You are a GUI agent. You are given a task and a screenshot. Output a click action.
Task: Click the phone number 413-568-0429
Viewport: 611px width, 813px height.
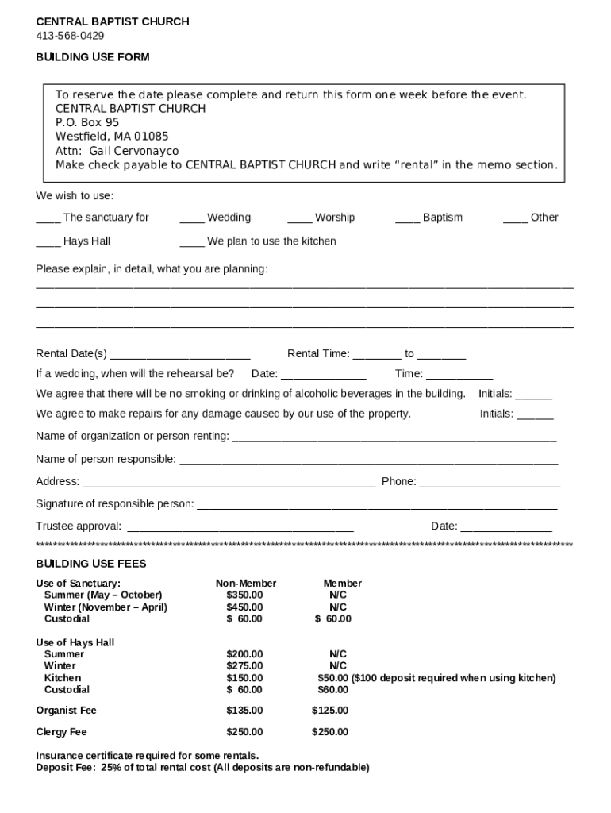tap(70, 36)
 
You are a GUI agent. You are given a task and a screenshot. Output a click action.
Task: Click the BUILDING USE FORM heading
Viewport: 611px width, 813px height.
tap(93, 57)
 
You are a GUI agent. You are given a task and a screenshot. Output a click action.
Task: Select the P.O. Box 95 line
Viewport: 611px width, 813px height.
tap(87, 122)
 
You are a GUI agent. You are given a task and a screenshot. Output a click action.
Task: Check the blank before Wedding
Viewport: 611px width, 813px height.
tap(191, 218)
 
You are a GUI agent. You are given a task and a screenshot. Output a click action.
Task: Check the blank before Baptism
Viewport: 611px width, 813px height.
tap(407, 218)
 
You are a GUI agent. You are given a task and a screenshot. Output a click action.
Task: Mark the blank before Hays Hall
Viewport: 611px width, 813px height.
tap(48, 242)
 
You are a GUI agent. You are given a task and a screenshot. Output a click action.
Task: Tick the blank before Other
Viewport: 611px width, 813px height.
tap(515, 218)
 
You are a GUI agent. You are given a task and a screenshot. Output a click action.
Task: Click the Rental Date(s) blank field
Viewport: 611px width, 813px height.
tap(180, 355)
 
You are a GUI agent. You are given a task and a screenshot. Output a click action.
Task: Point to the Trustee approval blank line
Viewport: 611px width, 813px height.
tap(240, 527)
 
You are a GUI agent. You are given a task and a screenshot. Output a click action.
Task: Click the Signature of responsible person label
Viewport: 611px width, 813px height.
tap(115, 504)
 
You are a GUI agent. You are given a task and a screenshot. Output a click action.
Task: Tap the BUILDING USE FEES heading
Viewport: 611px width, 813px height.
tap(91, 564)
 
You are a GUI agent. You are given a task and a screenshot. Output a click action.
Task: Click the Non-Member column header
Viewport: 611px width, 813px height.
tap(246, 584)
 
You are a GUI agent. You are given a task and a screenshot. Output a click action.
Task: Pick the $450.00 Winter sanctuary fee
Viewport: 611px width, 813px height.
tap(244, 607)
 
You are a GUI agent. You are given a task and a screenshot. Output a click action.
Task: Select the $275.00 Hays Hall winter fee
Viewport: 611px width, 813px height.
tap(244, 666)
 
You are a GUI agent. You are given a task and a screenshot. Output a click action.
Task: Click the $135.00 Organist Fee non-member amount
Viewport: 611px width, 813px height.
tap(244, 711)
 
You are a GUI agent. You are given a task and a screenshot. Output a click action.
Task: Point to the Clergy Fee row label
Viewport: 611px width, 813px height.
tap(61, 732)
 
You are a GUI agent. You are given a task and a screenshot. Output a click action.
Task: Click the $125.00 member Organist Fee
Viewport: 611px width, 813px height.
tap(330, 711)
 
